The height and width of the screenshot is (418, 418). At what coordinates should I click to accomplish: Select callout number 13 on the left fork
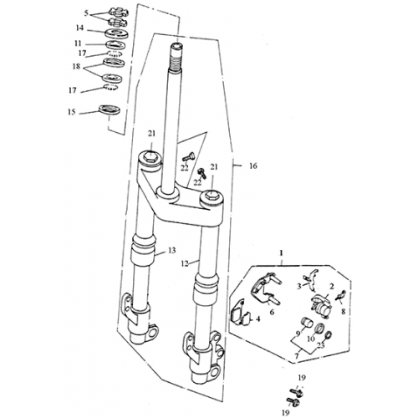tap(171, 251)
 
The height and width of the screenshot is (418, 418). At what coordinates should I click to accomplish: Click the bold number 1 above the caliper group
tap(282, 251)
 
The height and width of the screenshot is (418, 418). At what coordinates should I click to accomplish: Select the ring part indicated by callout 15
tap(108, 109)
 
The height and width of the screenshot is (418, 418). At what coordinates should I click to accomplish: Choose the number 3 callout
tap(299, 286)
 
